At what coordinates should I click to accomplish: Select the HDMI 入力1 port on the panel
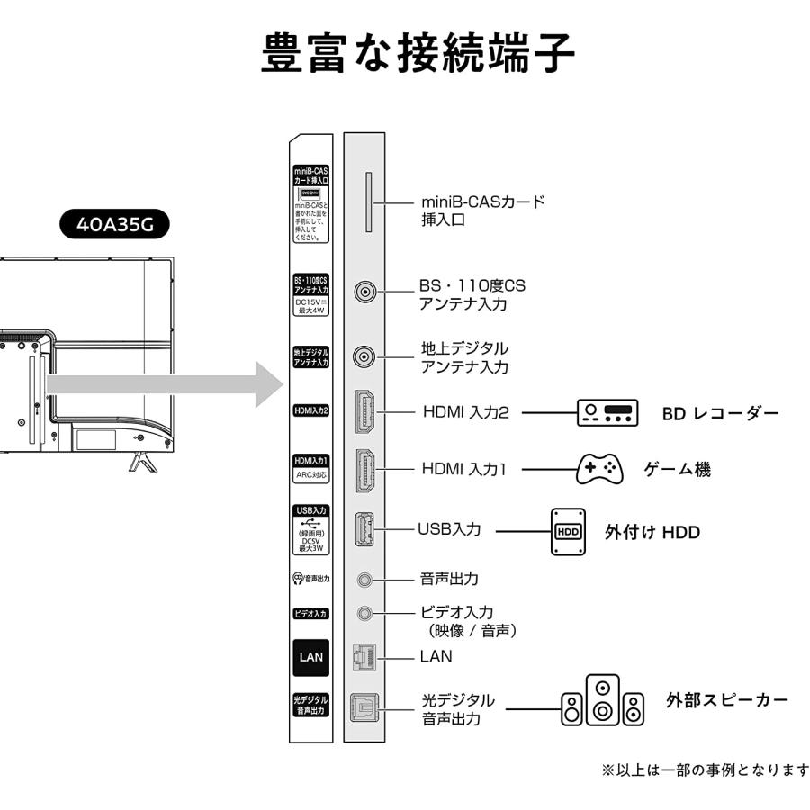pyautogui.click(x=365, y=469)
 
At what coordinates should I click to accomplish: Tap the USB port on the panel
pyautogui.click(x=364, y=531)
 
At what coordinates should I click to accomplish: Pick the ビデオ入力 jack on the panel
pyautogui.click(x=364, y=613)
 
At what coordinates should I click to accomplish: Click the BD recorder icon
pyautogui.click(x=607, y=413)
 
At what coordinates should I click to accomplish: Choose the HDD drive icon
pyautogui.click(x=569, y=531)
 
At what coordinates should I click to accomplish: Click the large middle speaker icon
pyautogui.click(x=602, y=700)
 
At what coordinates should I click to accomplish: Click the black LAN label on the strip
pyautogui.click(x=310, y=657)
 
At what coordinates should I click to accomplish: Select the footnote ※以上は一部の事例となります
pyautogui.click(x=705, y=769)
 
